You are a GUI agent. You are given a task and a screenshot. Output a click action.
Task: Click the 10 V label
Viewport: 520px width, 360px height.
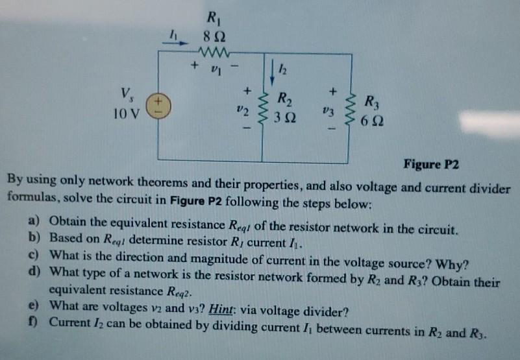125,115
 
